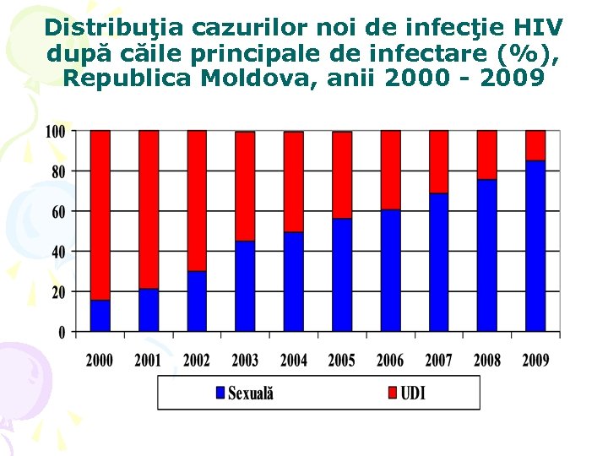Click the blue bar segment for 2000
pyautogui.click(x=100, y=315)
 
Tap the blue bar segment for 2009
pyautogui.click(x=535, y=245)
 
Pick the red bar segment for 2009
pyautogui.click(x=535, y=145)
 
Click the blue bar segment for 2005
pyautogui.click(x=342, y=274)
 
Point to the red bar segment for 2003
pyautogui.click(x=245, y=186)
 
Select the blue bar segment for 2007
pyautogui.click(x=439, y=262)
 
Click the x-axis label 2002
pyautogui.click(x=197, y=361)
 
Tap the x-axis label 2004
pyautogui.click(x=294, y=361)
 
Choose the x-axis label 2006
pyautogui.click(x=390, y=361)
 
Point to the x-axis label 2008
pyautogui.click(x=487, y=361)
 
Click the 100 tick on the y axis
pyautogui.click(x=55, y=132)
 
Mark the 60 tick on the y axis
pyautogui.click(x=58, y=212)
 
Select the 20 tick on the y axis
pyautogui.click(x=58, y=292)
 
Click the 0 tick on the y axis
pyautogui.click(x=62, y=332)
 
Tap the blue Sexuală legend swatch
pyautogui.click(x=220, y=393)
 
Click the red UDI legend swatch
pyautogui.click(x=393, y=393)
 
